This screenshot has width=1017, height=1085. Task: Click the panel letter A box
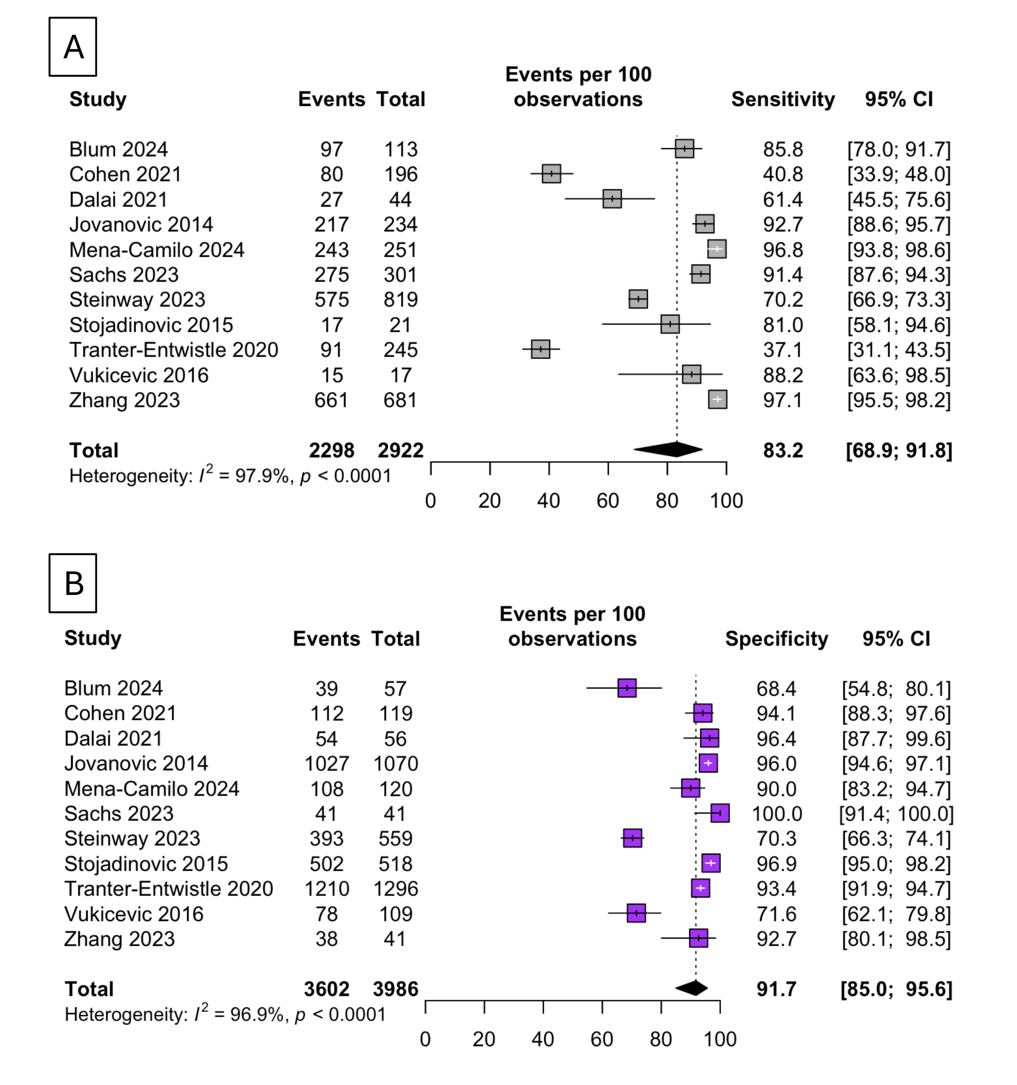[x=73, y=47]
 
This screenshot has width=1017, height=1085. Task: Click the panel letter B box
[x=73, y=583]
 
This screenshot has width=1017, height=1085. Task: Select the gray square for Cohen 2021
[x=551, y=174]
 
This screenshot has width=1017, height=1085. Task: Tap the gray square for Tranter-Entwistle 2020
[x=540, y=349]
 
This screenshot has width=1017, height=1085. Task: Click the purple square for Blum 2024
[x=627, y=688]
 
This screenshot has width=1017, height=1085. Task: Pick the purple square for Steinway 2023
[x=632, y=838]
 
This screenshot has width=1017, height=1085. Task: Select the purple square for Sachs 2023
[x=720, y=813]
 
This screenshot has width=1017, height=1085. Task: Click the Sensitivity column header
[x=783, y=99]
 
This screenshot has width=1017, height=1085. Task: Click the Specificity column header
[x=777, y=638]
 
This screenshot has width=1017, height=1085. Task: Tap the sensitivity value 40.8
[x=783, y=174]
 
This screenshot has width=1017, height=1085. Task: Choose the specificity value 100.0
[x=777, y=813]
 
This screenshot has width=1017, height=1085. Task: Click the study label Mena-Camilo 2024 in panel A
[x=156, y=250]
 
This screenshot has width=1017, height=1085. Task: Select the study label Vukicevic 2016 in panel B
[x=134, y=914]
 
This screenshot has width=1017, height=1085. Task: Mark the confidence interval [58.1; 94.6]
[x=899, y=325]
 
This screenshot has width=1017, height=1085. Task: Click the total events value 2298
[x=332, y=450]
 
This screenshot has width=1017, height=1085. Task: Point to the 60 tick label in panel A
[x=608, y=500]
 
